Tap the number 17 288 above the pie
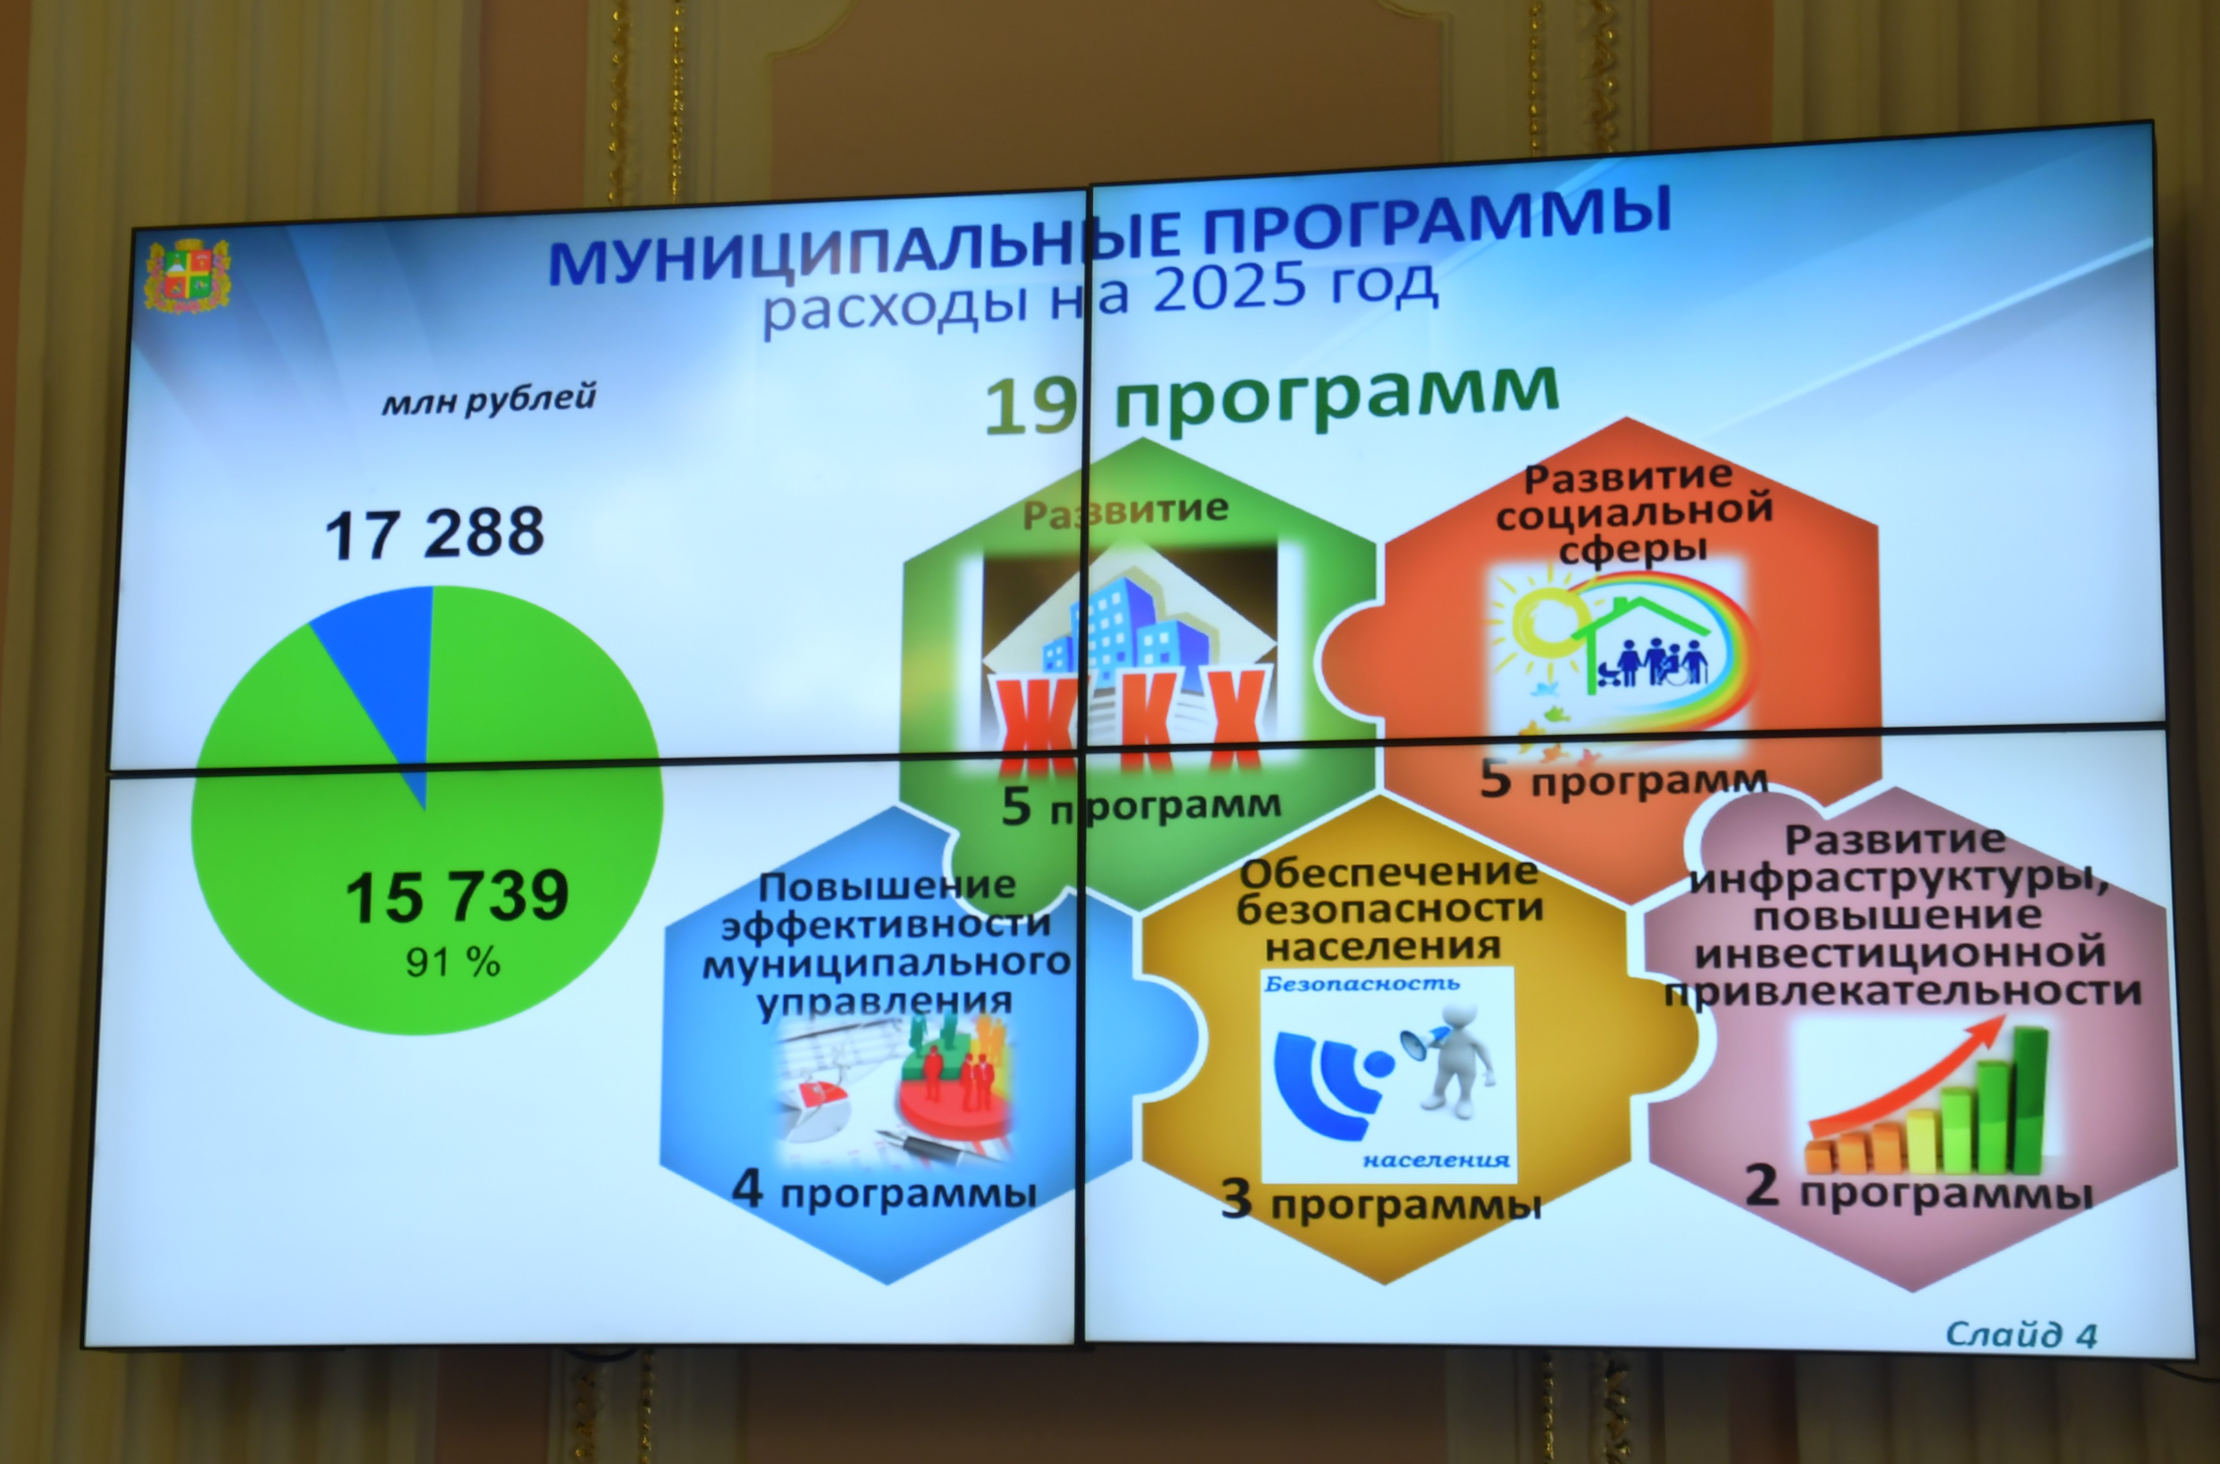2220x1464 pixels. point(434,533)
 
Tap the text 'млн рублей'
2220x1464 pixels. point(488,399)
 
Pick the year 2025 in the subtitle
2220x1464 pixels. point(1232,286)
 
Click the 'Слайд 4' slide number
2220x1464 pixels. point(2021,1335)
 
